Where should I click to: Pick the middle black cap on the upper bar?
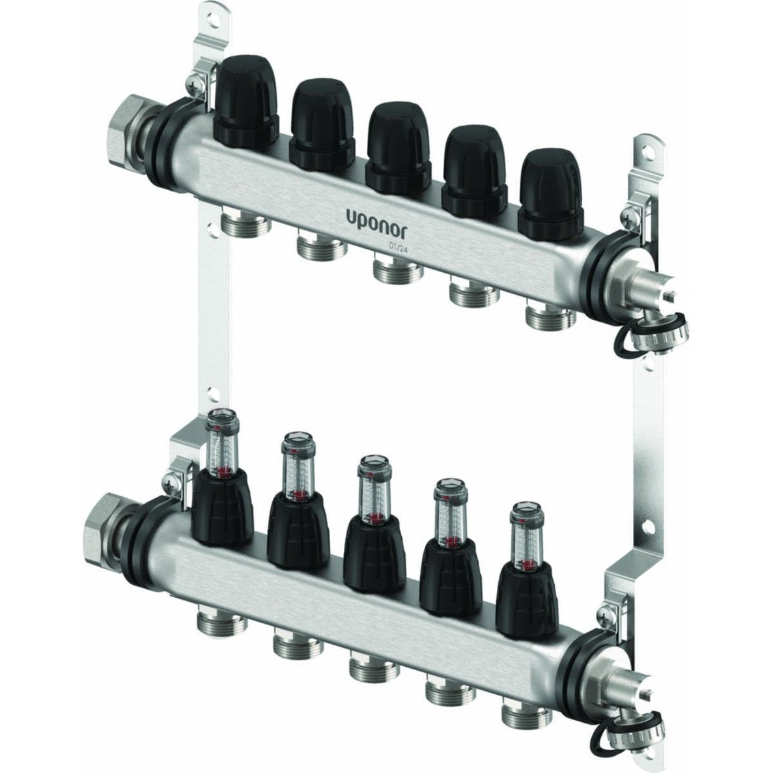pyautogui.click(x=399, y=148)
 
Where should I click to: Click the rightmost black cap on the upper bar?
pyautogui.click(x=552, y=194)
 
